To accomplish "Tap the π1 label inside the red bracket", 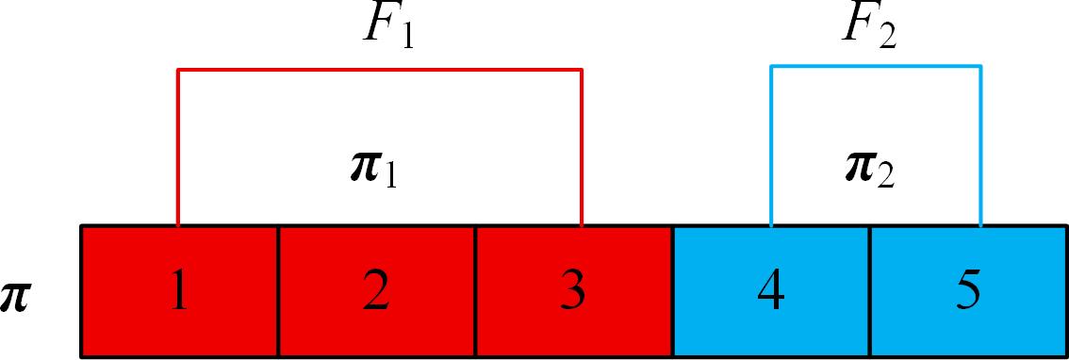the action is click(x=373, y=172).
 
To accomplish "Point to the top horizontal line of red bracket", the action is click(x=380, y=69).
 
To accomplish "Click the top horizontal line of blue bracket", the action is click(x=876, y=66).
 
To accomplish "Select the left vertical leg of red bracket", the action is click(x=178, y=147).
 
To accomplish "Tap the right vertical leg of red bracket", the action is click(x=581, y=147).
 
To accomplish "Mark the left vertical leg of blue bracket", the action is click(x=771, y=145).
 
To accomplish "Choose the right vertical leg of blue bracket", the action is click(x=980, y=145).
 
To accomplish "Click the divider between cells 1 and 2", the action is click(x=278, y=291).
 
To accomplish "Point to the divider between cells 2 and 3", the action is click(x=475, y=291).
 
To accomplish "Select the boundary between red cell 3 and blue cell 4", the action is click(x=673, y=291).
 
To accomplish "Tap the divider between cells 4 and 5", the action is click(x=870, y=291).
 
